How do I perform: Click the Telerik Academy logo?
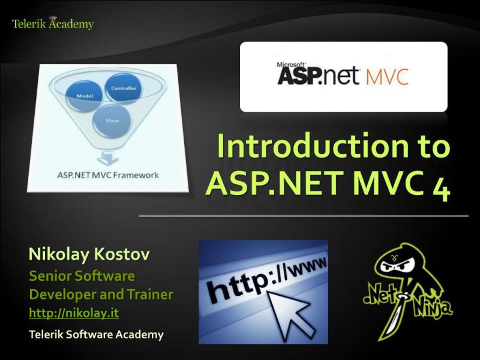[x=53, y=24]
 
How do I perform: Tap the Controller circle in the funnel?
[x=123, y=89]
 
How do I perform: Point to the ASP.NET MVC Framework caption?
[x=108, y=175]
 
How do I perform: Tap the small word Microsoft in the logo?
[x=287, y=62]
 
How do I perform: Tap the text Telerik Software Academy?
[x=96, y=334]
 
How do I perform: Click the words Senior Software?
[x=82, y=276]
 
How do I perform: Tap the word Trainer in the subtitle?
[x=150, y=295]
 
